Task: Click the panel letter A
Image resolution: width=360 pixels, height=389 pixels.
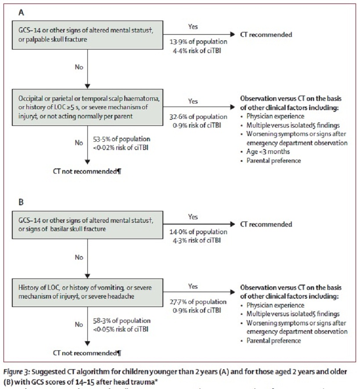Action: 21,13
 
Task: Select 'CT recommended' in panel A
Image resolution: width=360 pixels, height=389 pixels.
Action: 266,34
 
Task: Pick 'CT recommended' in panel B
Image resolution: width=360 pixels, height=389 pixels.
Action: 266,224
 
